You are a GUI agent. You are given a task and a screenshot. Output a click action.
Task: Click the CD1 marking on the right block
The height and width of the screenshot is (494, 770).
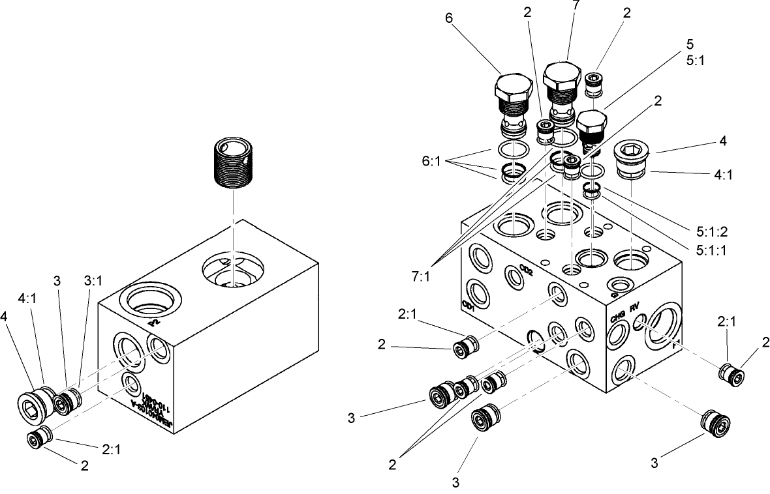coord(467,304)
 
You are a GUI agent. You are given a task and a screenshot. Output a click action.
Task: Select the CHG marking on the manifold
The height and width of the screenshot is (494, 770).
coord(618,318)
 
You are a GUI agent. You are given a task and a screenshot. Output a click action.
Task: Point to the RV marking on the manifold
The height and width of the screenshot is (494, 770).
coord(635,308)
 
